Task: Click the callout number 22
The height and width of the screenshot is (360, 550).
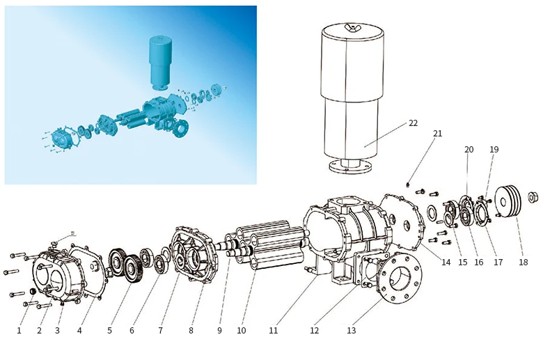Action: [x=413, y=123]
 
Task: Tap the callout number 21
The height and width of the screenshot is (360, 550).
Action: [x=437, y=133]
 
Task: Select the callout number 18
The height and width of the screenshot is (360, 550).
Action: [x=523, y=263]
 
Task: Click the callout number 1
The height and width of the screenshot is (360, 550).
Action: [x=19, y=331]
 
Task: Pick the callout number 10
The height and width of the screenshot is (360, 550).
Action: [x=241, y=331]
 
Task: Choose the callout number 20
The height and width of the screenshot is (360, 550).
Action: [x=469, y=150]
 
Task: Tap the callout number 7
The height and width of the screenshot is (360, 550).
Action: [x=160, y=331]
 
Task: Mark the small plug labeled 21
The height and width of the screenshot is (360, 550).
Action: [x=407, y=185]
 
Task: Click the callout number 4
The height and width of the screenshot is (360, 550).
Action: [x=79, y=331]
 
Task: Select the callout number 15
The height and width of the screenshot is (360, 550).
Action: [x=463, y=263]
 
